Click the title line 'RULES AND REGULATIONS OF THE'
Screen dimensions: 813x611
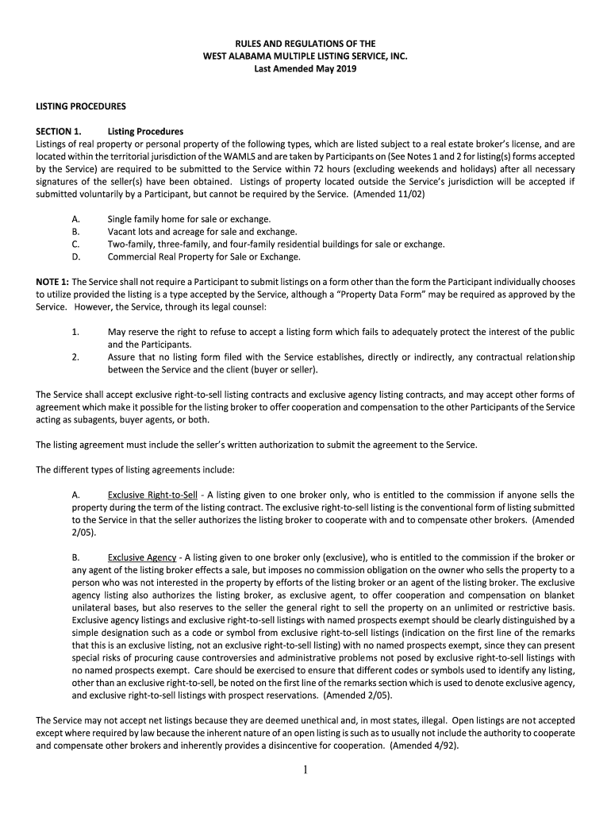coord(305,43)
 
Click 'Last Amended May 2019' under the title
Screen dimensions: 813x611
coord(305,69)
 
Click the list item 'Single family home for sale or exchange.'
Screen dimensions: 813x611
coord(189,218)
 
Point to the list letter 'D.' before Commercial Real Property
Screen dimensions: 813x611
coord(76,256)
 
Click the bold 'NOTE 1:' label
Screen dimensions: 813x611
coord(52,282)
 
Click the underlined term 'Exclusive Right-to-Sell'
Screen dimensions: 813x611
coord(152,495)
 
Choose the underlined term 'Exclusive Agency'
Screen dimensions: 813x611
coord(141,558)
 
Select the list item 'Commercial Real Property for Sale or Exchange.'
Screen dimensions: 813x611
coord(204,256)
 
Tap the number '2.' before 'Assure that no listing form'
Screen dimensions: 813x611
coord(75,357)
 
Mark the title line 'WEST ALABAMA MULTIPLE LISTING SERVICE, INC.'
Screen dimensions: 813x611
coord(305,56)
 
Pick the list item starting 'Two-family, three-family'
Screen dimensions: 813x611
coord(276,244)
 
